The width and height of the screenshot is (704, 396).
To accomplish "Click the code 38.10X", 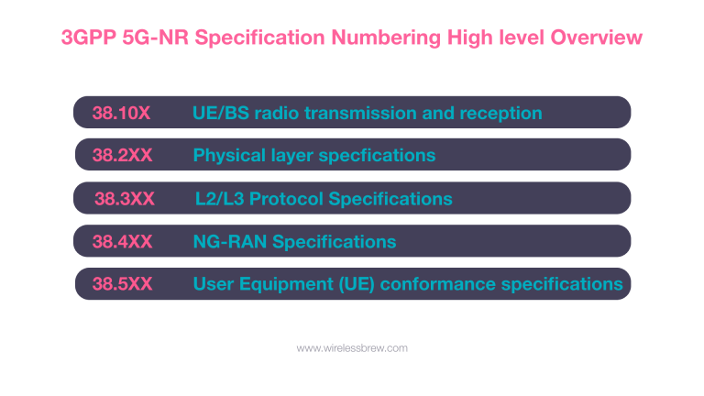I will (x=121, y=114).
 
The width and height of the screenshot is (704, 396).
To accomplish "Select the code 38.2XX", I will (x=122, y=156).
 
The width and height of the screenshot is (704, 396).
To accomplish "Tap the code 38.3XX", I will (x=124, y=199).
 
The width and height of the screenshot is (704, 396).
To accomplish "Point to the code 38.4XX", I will (x=122, y=242).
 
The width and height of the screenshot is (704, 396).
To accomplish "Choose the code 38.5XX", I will (x=122, y=284).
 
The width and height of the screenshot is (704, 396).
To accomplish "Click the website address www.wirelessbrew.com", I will (x=352, y=348).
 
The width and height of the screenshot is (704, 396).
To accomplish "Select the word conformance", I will (x=434, y=284).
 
